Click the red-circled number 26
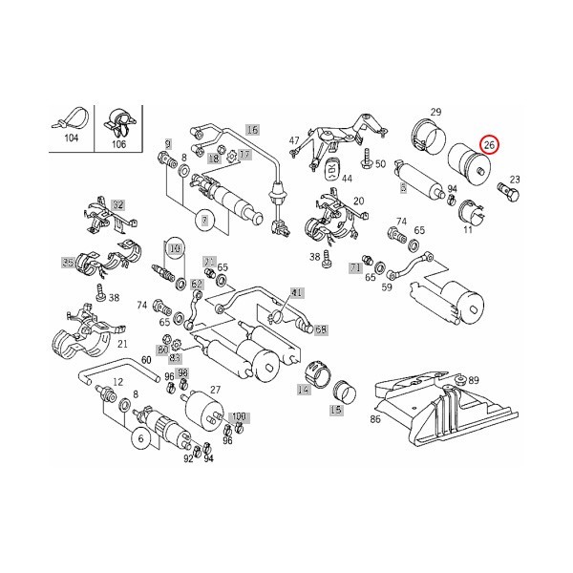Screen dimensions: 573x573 pyautogui.click(x=490, y=145)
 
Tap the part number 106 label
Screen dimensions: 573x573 pyautogui.click(x=119, y=144)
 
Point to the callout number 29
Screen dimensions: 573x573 pyautogui.click(x=435, y=113)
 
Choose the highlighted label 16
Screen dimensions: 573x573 pyautogui.click(x=252, y=129)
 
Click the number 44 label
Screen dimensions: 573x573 pyautogui.click(x=346, y=179)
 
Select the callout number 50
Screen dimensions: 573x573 pyautogui.click(x=380, y=164)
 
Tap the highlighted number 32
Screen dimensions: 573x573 pyautogui.click(x=117, y=204)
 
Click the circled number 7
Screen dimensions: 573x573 pyautogui.click(x=203, y=221)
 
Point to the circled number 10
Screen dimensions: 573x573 pyautogui.click(x=174, y=248)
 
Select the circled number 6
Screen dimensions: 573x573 pyautogui.click(x=140, y=436)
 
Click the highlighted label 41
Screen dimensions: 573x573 pyautogui.click(x=297, y=292)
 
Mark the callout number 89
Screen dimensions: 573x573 pyautogui.click(x=474, y=381)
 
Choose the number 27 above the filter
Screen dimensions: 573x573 pyautogui.click(x=216, y=390)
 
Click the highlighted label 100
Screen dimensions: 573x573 pyautogui.click(x=239, y=417)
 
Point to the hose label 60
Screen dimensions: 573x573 pyautogui.click(x=146, y=359)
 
